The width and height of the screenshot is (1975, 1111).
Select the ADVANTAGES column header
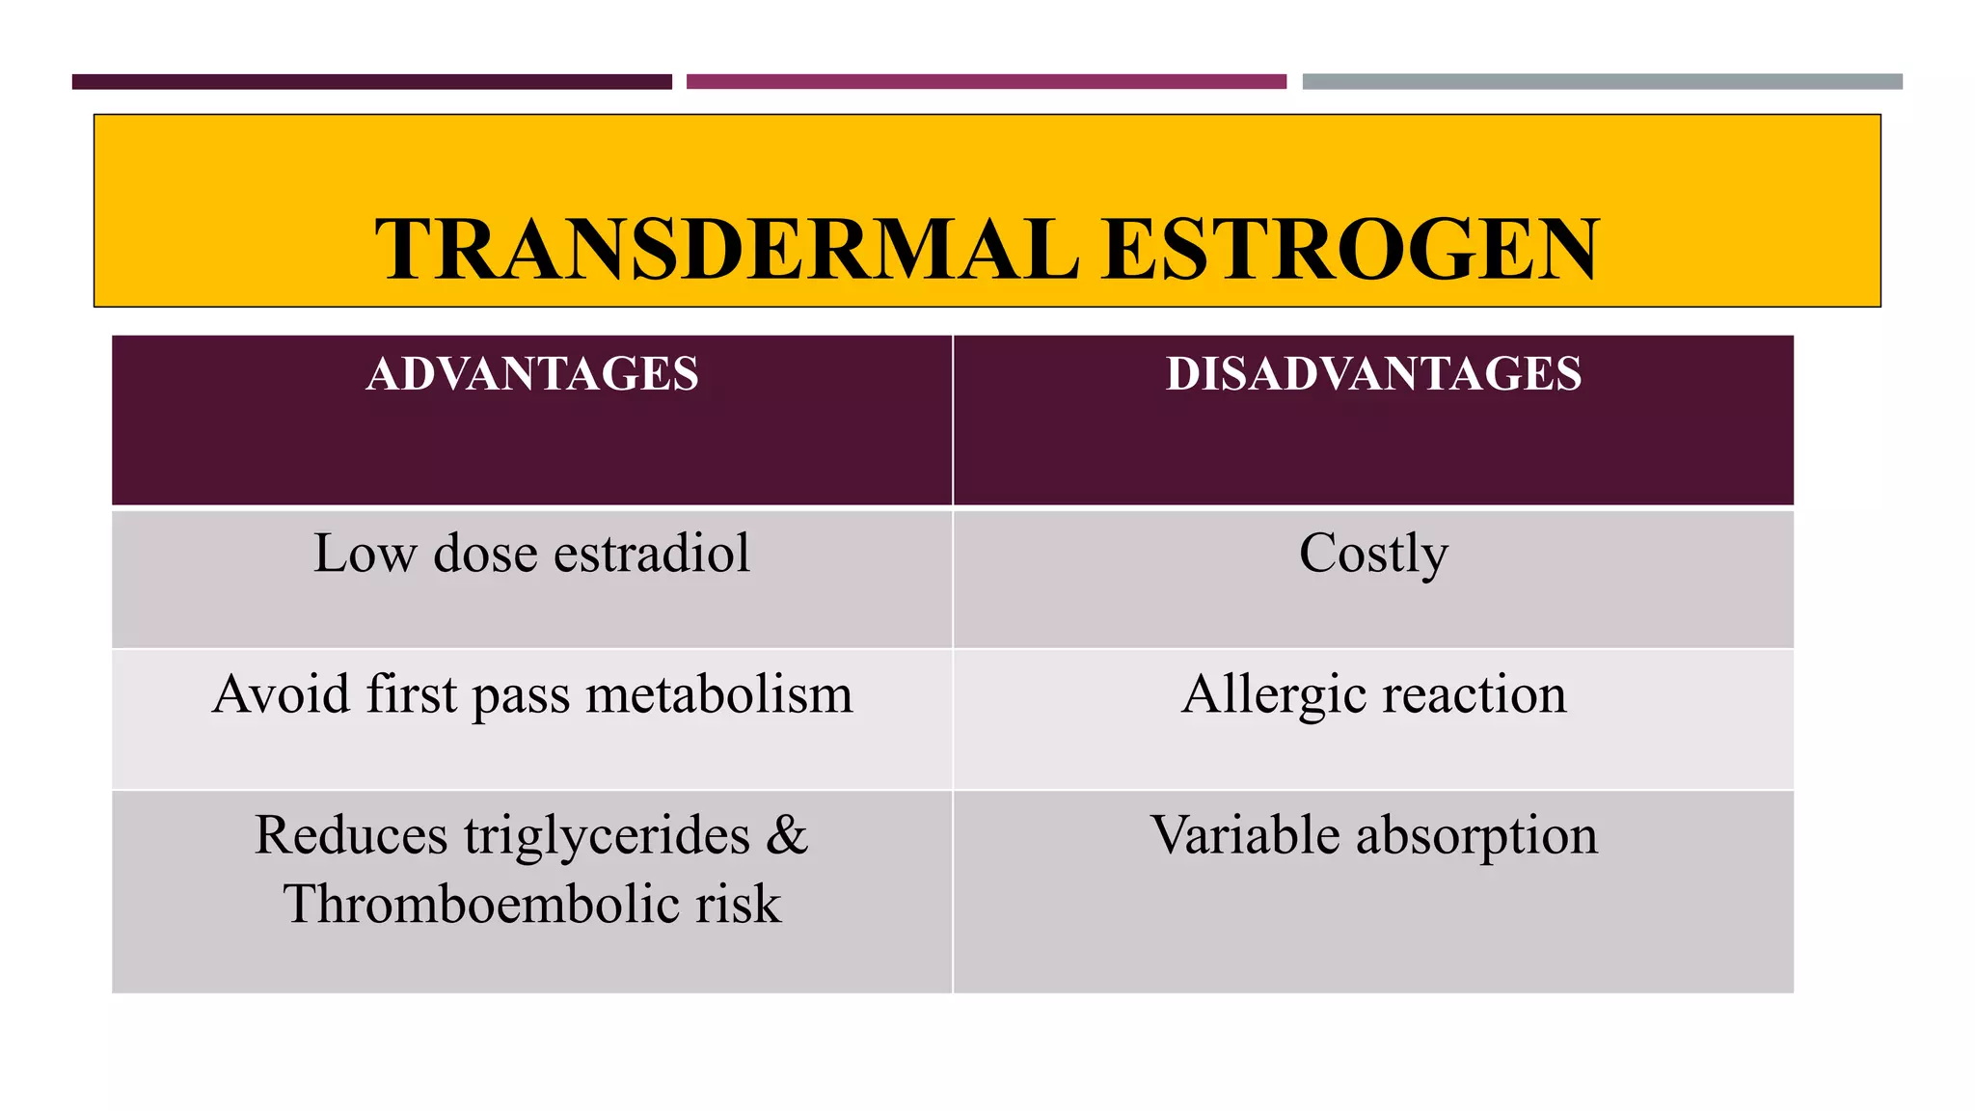point(532,374)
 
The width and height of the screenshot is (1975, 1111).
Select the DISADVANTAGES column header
point(1373,374)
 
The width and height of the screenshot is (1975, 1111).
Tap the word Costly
point(1373,555)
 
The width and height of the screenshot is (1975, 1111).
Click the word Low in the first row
point(365,554)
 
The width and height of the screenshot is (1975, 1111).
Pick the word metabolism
point(719,694)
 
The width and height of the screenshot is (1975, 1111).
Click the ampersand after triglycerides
point(787,835)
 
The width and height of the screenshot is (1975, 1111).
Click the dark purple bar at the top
point(371,82)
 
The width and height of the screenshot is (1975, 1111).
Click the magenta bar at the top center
point(986,82)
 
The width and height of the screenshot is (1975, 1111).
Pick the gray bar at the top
point(1602,82)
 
